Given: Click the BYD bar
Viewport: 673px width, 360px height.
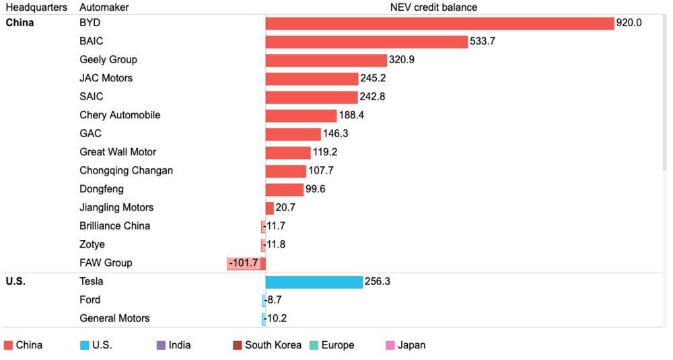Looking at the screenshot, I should click(x=439, y=23).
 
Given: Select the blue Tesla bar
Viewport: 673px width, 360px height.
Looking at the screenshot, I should click(x=314, y=281).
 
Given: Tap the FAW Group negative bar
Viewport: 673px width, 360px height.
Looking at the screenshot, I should click(x=246, y=263).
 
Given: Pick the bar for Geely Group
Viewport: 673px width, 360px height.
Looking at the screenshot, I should click(x=326, y=60).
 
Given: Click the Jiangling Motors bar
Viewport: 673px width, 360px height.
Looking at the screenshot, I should click(x=269, y=208).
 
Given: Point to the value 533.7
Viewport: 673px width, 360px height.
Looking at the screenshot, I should click(x=483, y=42).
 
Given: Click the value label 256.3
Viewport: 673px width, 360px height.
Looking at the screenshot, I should click(x=377, y=281).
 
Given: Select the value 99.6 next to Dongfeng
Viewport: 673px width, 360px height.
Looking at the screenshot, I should click(x=316, y=189).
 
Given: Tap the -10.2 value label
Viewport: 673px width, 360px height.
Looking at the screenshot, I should click(x=275, y=318).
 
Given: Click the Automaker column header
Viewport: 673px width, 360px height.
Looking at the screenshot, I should click(x=104, y=7).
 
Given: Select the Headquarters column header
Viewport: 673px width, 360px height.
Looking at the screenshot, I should click(x=36, y=7).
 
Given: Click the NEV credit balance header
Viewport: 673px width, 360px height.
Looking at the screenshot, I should click(x=433, y=7).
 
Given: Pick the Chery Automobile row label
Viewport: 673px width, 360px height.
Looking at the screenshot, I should click(x=120, y=115).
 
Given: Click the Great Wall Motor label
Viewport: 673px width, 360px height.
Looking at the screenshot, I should click(x=118, y=152).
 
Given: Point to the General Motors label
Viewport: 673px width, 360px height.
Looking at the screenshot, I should click(x=114, y=318).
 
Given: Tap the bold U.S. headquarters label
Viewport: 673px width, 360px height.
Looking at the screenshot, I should click(x=15, y=281).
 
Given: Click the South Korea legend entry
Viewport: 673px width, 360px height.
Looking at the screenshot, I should click(x=273, y=345).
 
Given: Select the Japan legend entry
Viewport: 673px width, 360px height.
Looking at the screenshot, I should click(x=411, y=345).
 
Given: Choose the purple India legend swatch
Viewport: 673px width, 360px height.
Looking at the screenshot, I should click(x=160, y=345).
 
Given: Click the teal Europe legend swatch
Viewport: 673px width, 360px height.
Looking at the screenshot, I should click(x=314, y=345).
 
